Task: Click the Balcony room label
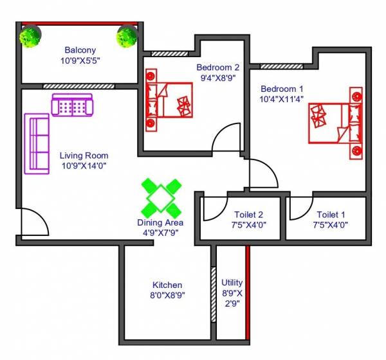pyautogui.click(x=80, y=50)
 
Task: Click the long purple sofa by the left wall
pyautogui.click(x=37, y=144)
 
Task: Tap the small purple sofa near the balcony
pyautogui.click(x=72, y=104)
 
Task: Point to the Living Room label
pyautogui.click(x=84, y=156)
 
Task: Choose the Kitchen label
pyautogui.click(x=167, y=285)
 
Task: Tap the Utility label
pyautogui.click(x=232, y=282)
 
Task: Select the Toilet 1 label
pyautogui.click(x=331, y=215)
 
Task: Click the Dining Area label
pyautogui.click(x=161, y=223)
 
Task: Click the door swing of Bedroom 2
pyautogui.click(x=226, y=138)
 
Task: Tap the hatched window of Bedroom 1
pyautogui.click(x=282, y=66)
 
